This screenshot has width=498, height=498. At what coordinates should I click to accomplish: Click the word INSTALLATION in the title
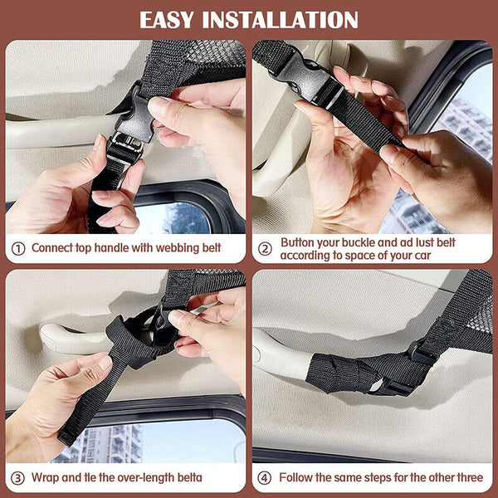[x=289, y=19]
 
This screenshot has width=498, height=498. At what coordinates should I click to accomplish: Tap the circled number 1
[x=17, y=247]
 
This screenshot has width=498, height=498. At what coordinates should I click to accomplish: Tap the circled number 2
[x=265, y=247]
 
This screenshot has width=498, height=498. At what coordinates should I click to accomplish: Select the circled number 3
[x=17, y=477]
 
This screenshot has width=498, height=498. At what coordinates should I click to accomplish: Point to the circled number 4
[x=265, y=477]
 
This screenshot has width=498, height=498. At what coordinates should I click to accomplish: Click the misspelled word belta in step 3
[x=187, y=477]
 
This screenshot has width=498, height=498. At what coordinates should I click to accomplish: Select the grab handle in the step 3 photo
[x=75, y=336]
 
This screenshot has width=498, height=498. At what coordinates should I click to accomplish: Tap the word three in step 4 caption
[x=466, y=477]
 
